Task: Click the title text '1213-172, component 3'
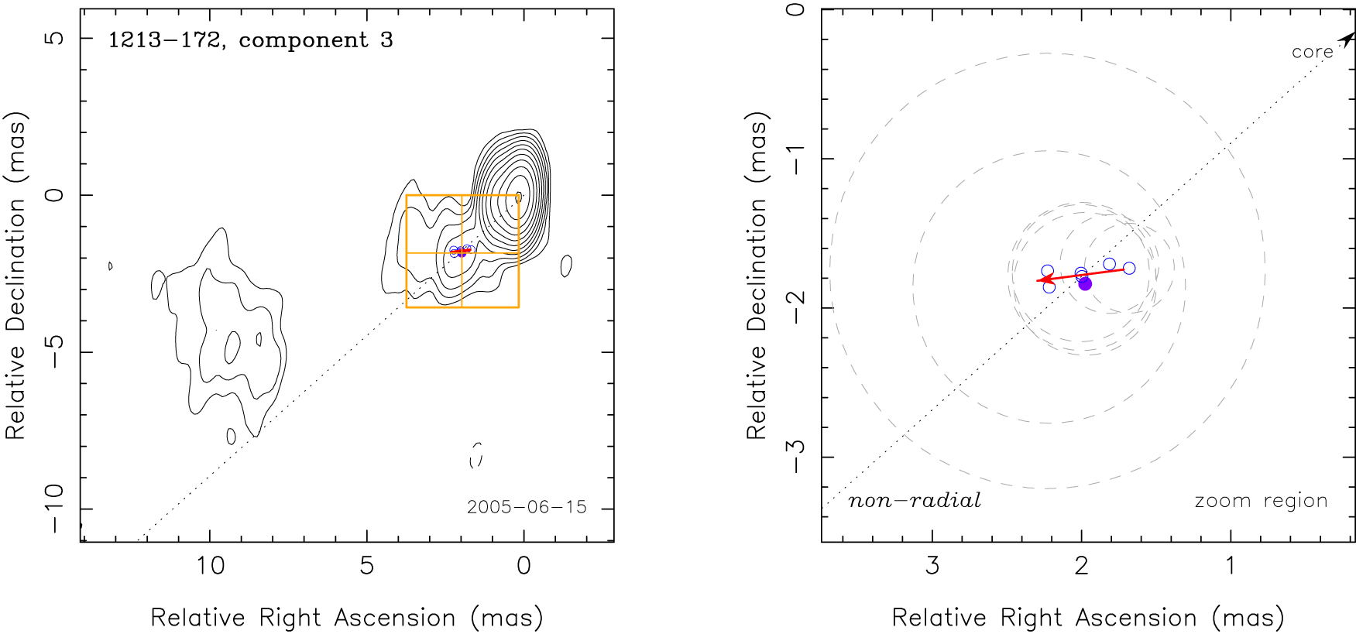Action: tap(250, 40)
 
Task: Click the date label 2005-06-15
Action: tap(527, 507)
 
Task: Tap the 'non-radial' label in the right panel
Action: tap(915, 501)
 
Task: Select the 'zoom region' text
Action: tap(1261, 501)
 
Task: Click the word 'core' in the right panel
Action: tap(1312, 53)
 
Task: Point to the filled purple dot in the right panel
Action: tap(1085, 284)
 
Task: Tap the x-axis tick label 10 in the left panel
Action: tap(210, 566)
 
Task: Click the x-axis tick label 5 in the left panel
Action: tap(367, 566)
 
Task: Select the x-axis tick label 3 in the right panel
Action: tap(932, 566)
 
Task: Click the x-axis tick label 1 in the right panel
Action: tap(1231, 566)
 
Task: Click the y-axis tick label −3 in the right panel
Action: tap(796, 457)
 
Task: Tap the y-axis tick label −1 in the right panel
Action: tap(796, 158)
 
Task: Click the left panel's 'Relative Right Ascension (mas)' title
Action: tap(347, 618)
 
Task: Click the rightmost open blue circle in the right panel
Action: tap(1129, 268)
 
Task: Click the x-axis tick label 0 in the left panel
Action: tap(524, 566)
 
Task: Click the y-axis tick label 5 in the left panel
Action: tap(55, 37)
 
